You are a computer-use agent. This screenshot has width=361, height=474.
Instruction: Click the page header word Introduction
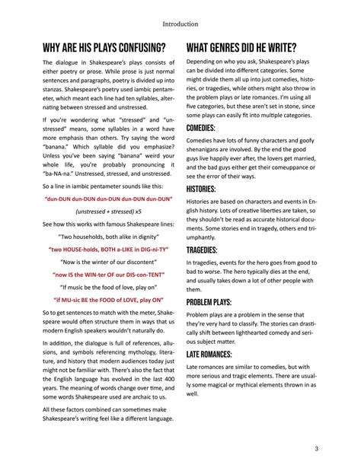180,24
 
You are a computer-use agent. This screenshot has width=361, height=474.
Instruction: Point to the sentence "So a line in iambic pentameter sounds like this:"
103,186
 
